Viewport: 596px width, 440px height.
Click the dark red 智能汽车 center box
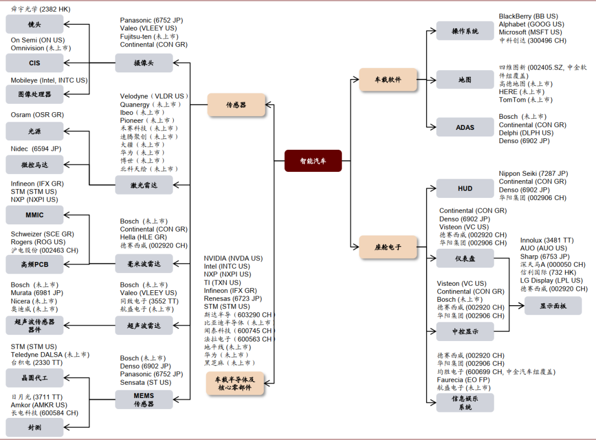(313, 161)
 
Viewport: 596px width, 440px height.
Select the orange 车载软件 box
(388, 80)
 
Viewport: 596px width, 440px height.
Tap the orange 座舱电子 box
(388, 247)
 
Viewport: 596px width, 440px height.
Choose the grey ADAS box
(465, 127)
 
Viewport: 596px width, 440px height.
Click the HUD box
(465, 188)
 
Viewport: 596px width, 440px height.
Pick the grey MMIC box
(34, 215)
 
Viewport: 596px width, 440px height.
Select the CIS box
(34, 63)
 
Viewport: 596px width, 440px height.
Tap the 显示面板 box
(552, 306)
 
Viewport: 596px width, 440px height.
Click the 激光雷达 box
(143, 185)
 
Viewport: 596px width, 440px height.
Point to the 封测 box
(34, 427)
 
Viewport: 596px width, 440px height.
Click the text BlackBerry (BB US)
(528, 17)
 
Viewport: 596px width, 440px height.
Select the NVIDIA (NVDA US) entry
(233, 258)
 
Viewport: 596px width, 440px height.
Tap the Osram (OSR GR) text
(37, 115)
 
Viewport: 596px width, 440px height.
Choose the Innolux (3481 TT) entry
(546, 240)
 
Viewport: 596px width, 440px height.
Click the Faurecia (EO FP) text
(464, 380)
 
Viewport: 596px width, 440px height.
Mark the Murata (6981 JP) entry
(36, 293)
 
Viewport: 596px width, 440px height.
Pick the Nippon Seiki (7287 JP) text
(533, 174)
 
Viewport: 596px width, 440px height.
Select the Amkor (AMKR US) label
(39, 405)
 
